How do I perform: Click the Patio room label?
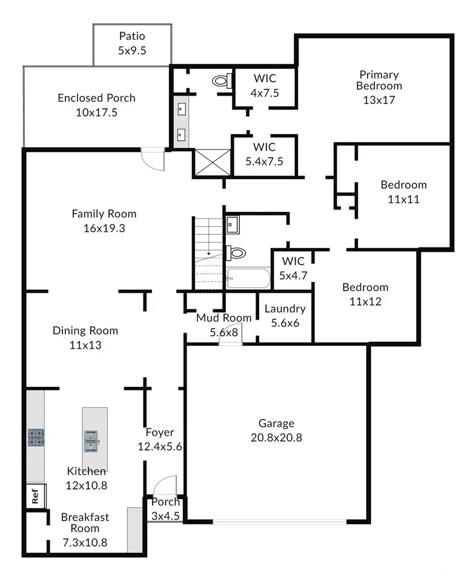click(x=132, y=36)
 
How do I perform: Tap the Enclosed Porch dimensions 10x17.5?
click(x=96, y=113)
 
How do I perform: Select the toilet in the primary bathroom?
click(x=222, y=80)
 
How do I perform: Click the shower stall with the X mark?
click(x=213, y=162)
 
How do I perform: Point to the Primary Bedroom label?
click(x=379, y=80)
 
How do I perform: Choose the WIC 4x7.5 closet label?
click(x=265, y=85)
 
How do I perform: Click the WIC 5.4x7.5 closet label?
click(x=264, y=154)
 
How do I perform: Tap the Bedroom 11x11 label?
click(x=404, y=192)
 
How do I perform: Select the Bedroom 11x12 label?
click(x=365, y=294)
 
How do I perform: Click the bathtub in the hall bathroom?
click(x=248, y=278)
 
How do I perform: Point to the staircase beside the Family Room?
click(x=209, y=254)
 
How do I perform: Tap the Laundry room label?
click(x=285, y=309)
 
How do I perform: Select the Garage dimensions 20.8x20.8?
click(x=277, y=438)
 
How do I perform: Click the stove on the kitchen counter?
click(x=36, y=437)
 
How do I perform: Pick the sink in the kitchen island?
click(x=91, y=441)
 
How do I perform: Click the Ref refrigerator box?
click(x=36, y=496)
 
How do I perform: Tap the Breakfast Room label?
click(x=85, y=522)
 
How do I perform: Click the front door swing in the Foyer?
click(x=165, y=485)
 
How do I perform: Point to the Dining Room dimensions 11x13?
click(x=85, y=345)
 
